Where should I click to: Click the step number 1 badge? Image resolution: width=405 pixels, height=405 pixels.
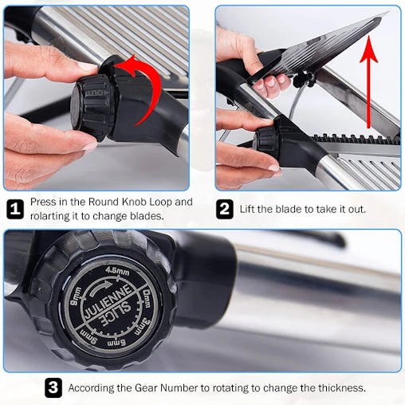15,210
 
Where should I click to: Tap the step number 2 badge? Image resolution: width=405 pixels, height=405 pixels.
225,210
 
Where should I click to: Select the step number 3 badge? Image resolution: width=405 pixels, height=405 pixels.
53,388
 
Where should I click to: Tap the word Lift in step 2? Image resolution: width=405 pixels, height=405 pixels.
247,210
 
